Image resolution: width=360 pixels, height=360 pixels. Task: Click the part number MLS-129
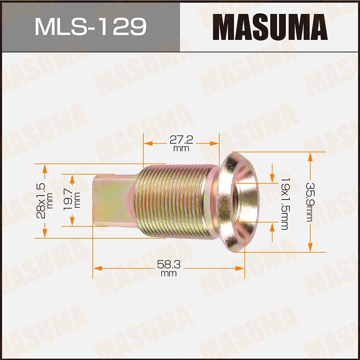(x=90, y=27)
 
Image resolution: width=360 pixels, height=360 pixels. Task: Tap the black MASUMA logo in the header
(x=270, y=27)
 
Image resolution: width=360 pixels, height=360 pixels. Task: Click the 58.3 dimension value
(x=168, y=265)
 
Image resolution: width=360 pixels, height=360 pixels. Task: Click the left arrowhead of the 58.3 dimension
(x=96, y=268)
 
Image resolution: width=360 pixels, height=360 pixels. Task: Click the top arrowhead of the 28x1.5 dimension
(x=45, y=168)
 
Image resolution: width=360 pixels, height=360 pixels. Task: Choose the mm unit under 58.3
(x=168, y=274)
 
